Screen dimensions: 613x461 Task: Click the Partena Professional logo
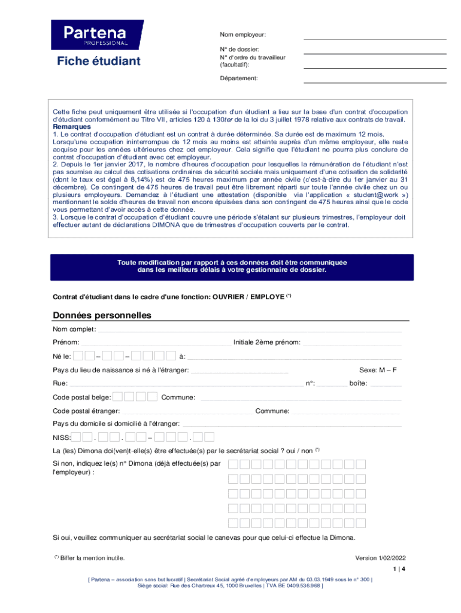[x=97, y=35]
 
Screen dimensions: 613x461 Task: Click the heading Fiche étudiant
[x=99, y=61]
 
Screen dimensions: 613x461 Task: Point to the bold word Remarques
[x=72, y=127]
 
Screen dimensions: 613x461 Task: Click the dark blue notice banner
[x=232, y=267]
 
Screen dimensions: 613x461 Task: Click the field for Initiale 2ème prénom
[x=353, y=343]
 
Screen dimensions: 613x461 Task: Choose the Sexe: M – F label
[x=378, y=370]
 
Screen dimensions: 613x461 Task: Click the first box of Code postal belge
[x=119, y=396]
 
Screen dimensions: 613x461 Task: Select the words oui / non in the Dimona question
[x=299, y=451]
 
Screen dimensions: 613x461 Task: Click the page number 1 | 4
[x=399, y=569]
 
